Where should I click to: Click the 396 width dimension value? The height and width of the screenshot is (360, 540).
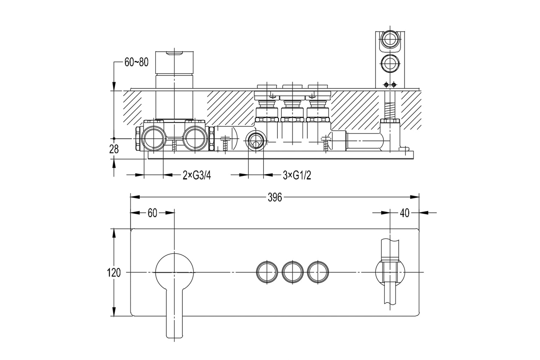coord(275,198)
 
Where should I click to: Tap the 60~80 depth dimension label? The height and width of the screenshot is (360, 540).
coord(136,62)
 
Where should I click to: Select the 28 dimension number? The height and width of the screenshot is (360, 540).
coord(114,149)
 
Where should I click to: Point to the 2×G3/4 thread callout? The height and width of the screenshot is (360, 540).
coord(197,175)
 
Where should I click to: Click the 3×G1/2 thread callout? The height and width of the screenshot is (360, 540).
coord(297,175)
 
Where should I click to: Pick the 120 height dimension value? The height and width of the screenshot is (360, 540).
coord(114,273)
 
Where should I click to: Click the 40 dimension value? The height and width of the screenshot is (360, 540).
coord(405,213)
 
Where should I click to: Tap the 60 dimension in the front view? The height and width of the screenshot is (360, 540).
coord(152,213)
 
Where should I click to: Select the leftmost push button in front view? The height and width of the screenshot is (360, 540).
coord(267,272)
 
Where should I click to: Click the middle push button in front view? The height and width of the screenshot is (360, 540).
coord(292,272)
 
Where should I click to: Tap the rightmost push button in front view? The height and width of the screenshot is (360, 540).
coord(318,272)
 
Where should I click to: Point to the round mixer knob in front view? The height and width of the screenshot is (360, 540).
coord(174,272)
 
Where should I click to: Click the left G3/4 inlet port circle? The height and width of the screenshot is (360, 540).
coord(153,139)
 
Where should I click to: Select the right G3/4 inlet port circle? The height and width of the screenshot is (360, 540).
coord(195,139)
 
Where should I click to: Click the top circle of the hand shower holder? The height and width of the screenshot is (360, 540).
coord(390,39)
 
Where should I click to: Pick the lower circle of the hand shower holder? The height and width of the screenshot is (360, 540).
coord(390,63)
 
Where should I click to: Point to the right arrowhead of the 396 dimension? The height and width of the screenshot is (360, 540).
coord(414,197)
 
